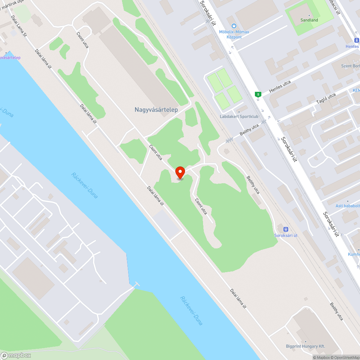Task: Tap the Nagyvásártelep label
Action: coord(156,109)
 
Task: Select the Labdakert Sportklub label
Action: coord(239,117)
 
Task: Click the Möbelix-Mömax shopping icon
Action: coord(234,26)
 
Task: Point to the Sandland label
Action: coord(309,20)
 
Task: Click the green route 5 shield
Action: coord(258,94)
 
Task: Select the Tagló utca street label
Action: coord(326,100)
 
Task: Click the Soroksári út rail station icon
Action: coord(286,229)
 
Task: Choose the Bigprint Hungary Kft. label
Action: coord(305,346)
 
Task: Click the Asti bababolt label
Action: coord(347,206)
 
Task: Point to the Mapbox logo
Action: coord(16,355)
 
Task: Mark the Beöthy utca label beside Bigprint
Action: coord(336,311)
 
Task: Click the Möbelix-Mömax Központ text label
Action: coord(234,34)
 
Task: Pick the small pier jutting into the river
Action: coord(136,284)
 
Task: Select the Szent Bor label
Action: coord(350,66)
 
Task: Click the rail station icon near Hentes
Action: coord(356,40)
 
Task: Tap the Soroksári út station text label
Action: coord(286,235)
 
